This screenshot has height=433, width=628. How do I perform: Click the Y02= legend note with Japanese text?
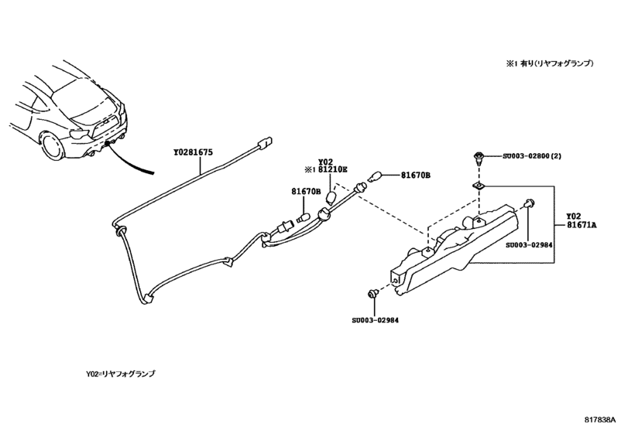pos(121,373)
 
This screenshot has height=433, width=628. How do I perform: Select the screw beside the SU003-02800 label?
pos(478,159)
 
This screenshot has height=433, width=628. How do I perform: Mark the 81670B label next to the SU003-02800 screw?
pos(416,176)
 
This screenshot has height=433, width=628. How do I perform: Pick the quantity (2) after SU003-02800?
pos(571,156)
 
